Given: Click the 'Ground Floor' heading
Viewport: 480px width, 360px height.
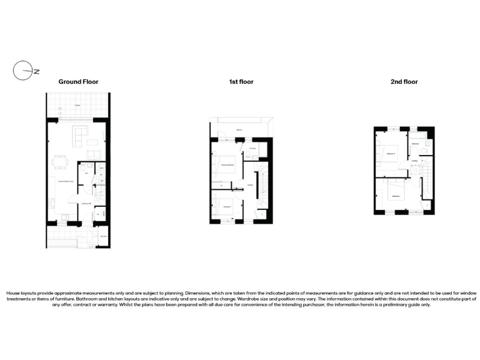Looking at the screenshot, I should coord(78,82).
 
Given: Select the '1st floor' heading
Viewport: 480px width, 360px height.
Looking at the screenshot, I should coord(241,82).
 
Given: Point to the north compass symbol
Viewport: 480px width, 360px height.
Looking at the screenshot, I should coord(22,71).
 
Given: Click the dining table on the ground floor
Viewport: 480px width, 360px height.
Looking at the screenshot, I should coord(60,162).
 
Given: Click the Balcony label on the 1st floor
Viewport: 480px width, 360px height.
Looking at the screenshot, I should coord(239,130).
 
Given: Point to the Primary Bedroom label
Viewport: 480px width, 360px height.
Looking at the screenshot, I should coord(227,165).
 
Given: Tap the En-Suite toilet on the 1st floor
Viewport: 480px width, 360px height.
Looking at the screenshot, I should coord(249,152).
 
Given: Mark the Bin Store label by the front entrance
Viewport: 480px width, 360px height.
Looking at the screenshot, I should coord(102,236).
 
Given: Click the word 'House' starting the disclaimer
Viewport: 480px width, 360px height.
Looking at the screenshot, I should coord(13,292).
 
